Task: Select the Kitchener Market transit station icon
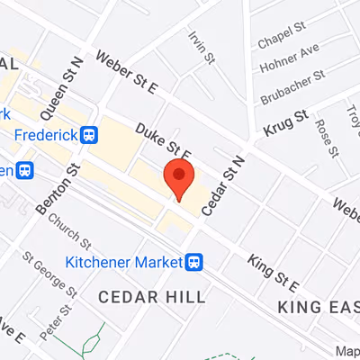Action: tap(192, 263)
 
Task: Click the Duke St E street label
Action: tap(165, 144)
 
